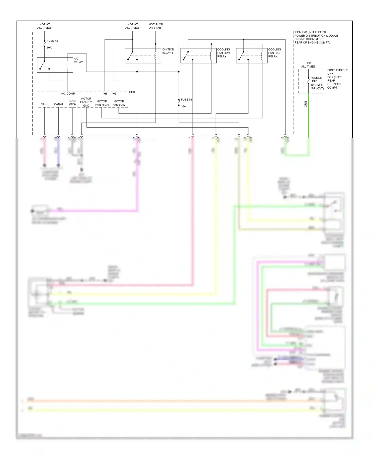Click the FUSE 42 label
[52, 41]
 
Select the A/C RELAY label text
[78, 61]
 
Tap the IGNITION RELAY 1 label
[168, 51]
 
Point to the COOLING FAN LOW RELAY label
[223, 53]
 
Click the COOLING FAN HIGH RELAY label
[275, 53]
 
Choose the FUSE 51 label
[186, 100]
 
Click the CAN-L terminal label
[45, 104]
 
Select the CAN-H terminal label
[58, 104]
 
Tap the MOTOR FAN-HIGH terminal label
[102, 103]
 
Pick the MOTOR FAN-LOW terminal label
[119, 103]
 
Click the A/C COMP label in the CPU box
[68, 94]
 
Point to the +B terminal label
[105, 94]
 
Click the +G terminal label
[114, 94]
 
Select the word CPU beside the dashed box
[132, 92]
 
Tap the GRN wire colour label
[306, 104]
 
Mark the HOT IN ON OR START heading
[156, 26]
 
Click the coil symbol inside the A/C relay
[67, 65]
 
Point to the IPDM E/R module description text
[316, 37]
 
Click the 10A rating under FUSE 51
[183, 106]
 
